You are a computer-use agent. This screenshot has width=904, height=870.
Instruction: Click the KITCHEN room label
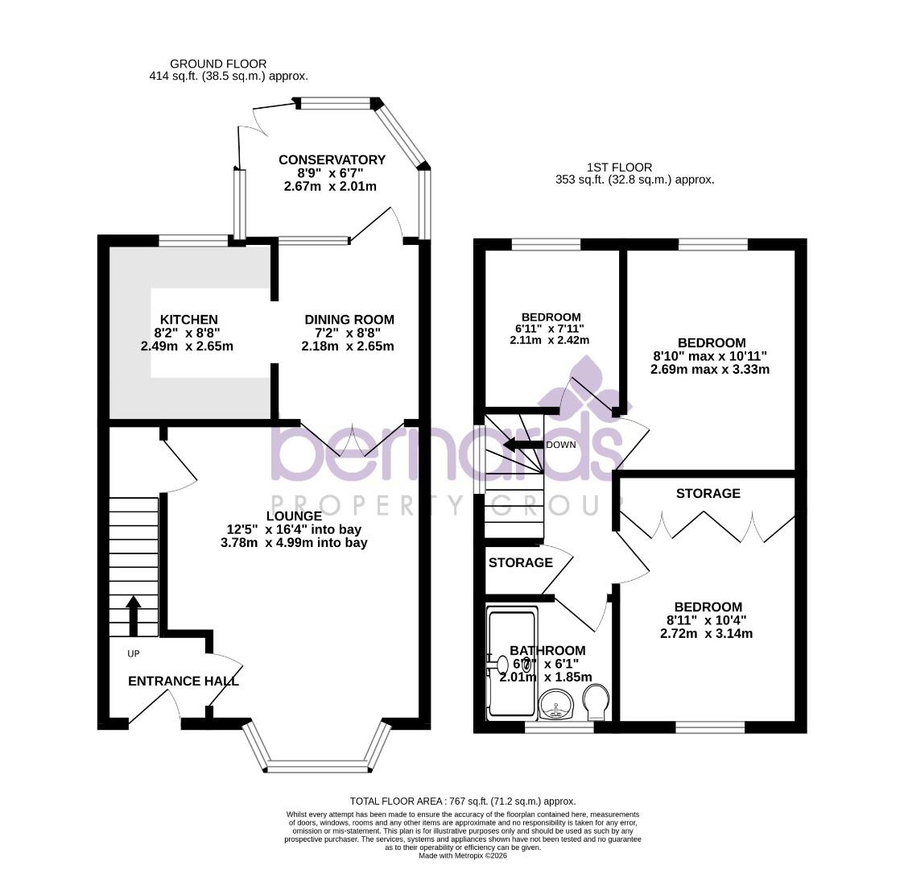coord(188,320)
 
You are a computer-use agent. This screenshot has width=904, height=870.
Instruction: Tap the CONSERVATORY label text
coord(332,160)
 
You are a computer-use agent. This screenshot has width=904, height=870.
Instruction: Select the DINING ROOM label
coord(349,320)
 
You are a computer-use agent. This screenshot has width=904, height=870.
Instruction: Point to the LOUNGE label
coord(294,516)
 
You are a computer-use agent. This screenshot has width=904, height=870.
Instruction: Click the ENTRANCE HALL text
coord(184,681)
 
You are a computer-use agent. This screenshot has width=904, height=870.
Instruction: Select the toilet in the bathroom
coord(596,702)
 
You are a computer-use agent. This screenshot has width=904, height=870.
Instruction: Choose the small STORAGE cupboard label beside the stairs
coord(520,562)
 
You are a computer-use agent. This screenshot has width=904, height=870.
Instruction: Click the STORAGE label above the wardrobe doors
coord(708,493)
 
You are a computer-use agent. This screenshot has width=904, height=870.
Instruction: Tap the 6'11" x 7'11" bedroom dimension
coord(551,329)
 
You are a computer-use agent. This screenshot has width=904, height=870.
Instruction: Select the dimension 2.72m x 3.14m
coord(708,634)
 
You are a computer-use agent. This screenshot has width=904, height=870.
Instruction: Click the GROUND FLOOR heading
coord(218,64)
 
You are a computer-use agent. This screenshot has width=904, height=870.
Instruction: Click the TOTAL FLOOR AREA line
coord(463,801)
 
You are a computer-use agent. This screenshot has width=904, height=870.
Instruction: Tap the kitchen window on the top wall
coord(193,239)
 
